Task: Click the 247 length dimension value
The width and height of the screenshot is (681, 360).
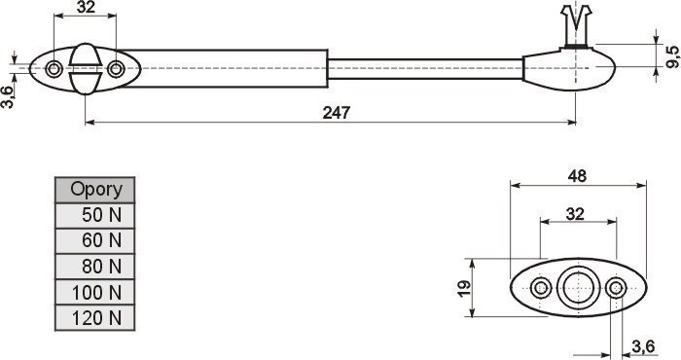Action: click(x=337, y=113)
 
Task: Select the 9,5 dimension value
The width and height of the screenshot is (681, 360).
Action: click(x=672, y=56)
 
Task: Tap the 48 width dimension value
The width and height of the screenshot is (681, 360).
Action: click(x=577, y=176)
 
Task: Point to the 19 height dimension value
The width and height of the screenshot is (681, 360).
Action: click(x=464, y=288)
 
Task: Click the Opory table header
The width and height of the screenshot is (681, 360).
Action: click(x=95, y=190)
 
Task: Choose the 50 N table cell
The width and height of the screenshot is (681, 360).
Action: click(x=95, y=215)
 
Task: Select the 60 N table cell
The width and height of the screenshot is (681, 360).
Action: click(x=95, y=240)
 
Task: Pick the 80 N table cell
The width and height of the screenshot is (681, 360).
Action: click(x=95, y=267)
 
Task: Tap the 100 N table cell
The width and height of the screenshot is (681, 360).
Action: click(x=95, y=292)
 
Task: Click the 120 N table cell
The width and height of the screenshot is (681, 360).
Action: click(x=95, y=318)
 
